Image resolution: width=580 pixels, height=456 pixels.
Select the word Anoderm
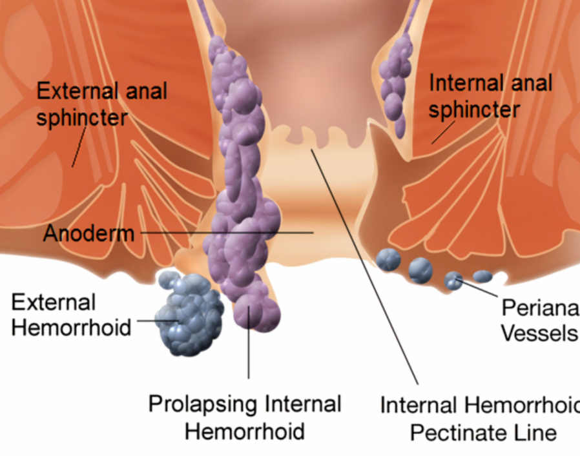[88, 232]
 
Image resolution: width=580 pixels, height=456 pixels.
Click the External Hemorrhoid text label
[71, 315]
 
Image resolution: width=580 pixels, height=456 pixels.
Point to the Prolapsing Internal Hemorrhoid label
[245, 417]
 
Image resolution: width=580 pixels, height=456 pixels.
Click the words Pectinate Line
[482, 431]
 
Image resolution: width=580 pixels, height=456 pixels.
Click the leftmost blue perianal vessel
[389, 259]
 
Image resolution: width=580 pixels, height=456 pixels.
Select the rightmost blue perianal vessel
[482, 276]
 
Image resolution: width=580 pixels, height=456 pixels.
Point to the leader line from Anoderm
[226, 232]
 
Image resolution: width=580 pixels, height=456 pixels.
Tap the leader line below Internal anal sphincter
[443, 132]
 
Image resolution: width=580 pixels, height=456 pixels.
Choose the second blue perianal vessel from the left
[420, 269]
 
